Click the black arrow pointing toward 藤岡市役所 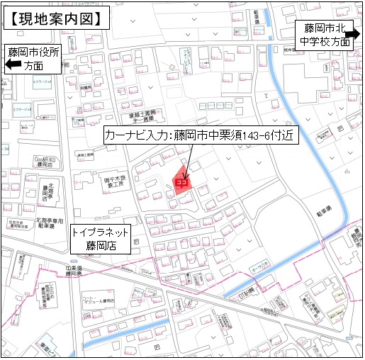tap(13, 65)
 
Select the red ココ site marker tap(181, 181)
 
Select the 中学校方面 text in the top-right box tap(325, 41)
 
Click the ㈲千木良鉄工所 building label tap(111, 181)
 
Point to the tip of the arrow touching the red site tap(185, 178)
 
